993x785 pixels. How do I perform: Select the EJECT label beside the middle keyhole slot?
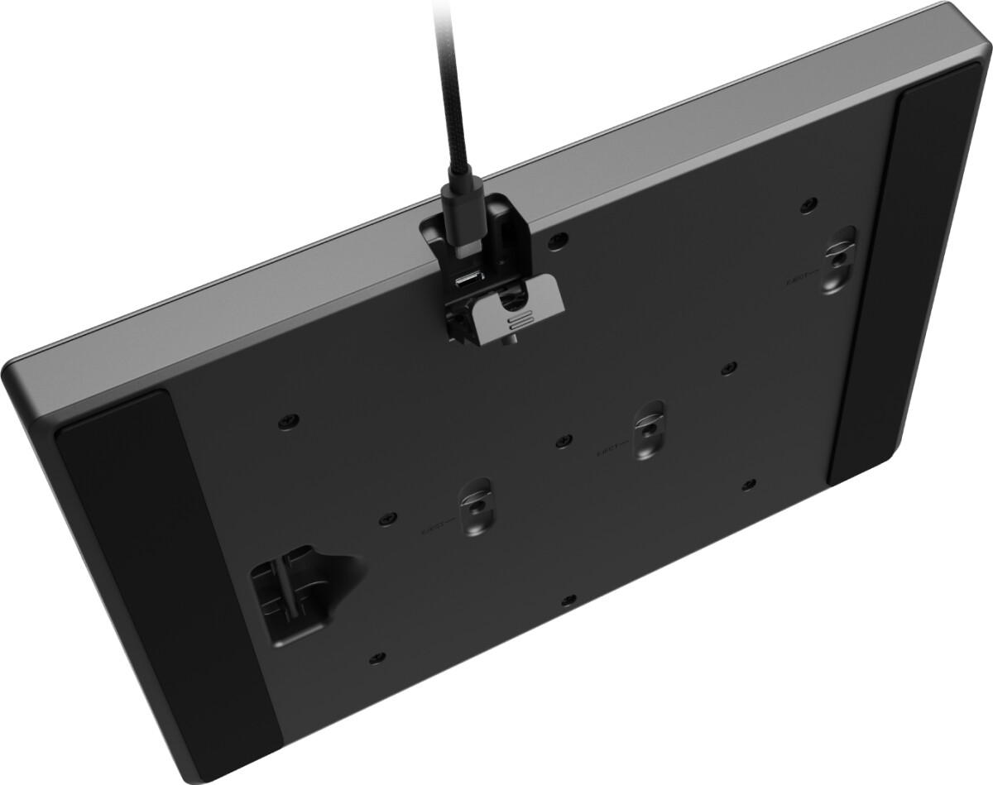pyautogui.click(x=612, y=452)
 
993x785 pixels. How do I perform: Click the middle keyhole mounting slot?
pyautogui.click(x=646, y=428)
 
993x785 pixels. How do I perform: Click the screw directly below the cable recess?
pyautogui.click(x=377, y=658)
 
